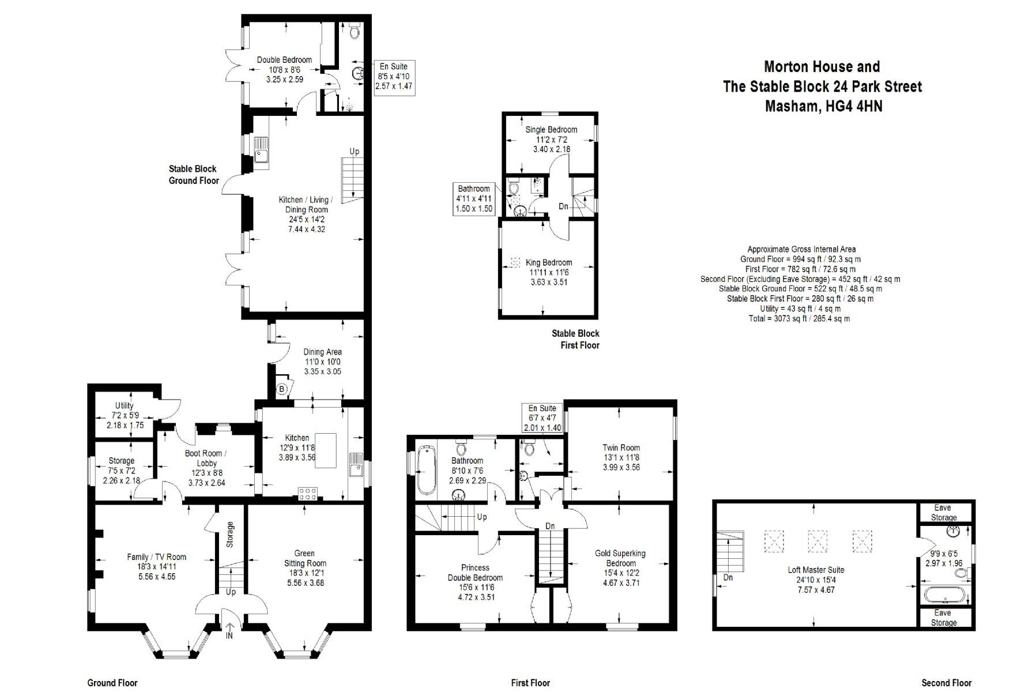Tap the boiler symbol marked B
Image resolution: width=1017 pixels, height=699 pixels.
[x=282, y=389]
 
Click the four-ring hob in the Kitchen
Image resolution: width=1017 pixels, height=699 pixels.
[x=307, y=494]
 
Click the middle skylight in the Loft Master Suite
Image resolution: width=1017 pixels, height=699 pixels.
[x=817, y=541]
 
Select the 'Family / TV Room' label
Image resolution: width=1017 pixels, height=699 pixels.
[x=157, y=557]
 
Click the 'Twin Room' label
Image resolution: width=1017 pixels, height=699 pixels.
[x=621, y=448]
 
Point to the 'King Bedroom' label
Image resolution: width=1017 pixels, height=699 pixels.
[x=549, y=262]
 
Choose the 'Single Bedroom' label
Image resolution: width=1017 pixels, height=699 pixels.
[x=551, y=129]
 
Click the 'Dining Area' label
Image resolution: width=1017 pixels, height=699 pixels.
[x=322, y=352]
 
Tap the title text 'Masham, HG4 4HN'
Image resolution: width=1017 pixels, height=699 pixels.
[x=823, y=106]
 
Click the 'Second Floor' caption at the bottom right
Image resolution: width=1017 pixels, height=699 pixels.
[x=947, y=683]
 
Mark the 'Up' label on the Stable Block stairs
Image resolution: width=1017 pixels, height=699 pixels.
[x=354, y=151]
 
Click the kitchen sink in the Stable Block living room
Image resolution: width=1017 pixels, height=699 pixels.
[x=261, y=150]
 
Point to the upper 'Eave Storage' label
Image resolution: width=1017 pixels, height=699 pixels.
[x=943, y=512]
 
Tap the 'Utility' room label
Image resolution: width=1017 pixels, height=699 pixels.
[x=124, y=405]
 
